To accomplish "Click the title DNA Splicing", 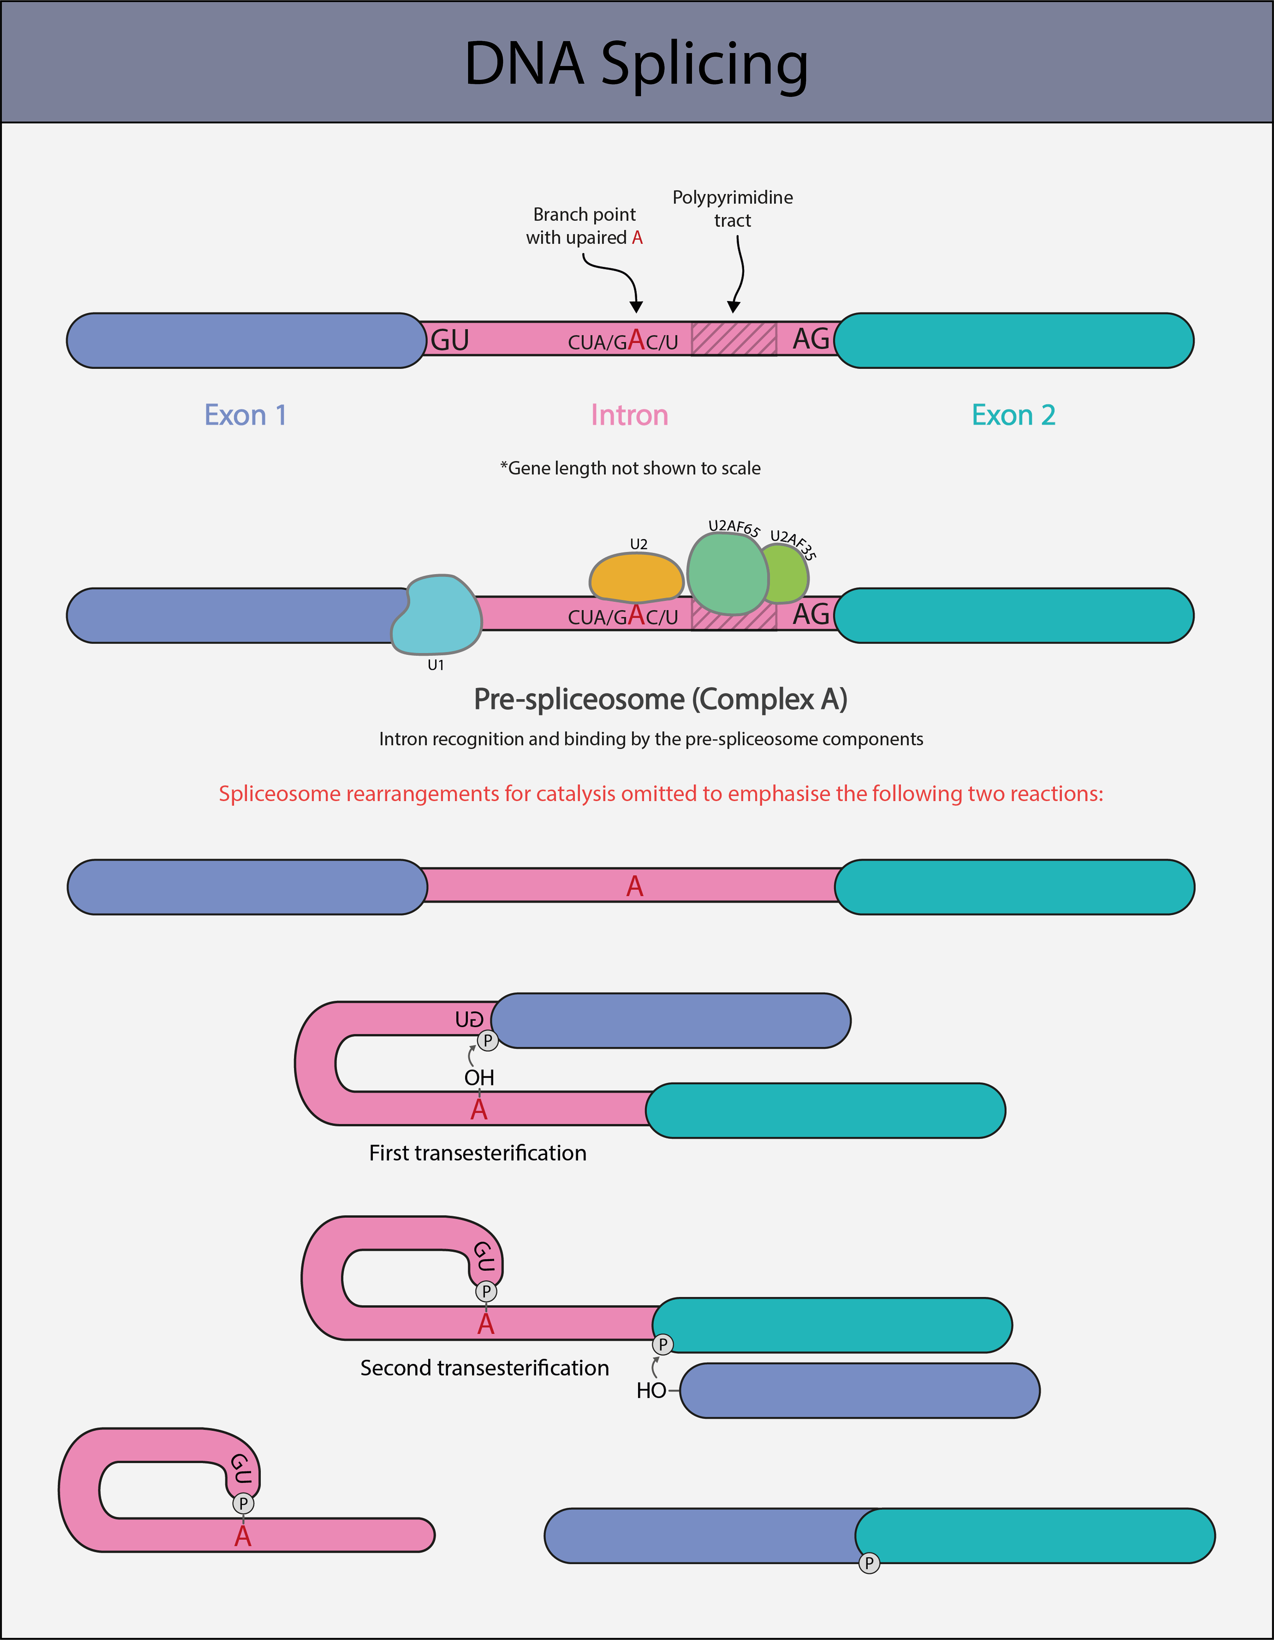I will pyautogui.click(x=637, y=64).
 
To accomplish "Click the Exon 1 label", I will pyautogui.click(x=246, y=415).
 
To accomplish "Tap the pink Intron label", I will pyautogui.click(x=629, y=415).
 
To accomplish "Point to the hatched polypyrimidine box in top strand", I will pyautogui.click(x=734, y=339).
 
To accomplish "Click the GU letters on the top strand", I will pyautogui.click(x=450, y=340).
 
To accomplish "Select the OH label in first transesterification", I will pyautogui.click(x=479, y=1078).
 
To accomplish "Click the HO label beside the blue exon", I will pyautogui.click(x=651, y=1391).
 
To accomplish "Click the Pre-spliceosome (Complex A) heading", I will pyautogui.click(x=661, y=699).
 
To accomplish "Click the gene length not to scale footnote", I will pyautogui.click(x=631, y=469).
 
